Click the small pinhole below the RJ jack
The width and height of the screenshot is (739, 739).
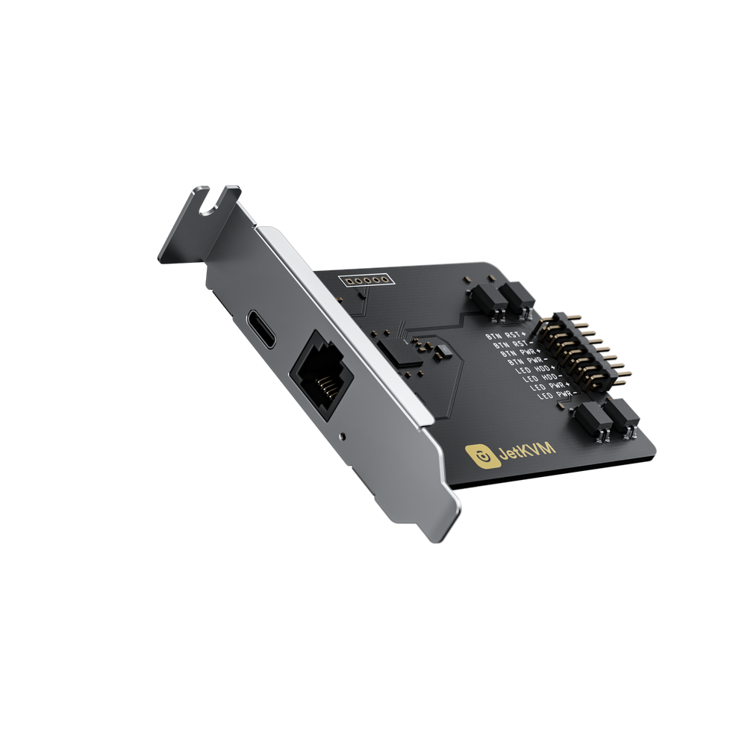pyautogui.click(x=342, y=434)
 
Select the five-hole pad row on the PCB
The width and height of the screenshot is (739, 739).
pyautogui.click(x=365, y=281)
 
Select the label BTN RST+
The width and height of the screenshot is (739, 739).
pyautogui.click(x=505, y=335)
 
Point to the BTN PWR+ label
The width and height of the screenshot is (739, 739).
pyautogui.click(x=517, y=353)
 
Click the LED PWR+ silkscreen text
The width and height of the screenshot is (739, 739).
pyautogui.click(x=546, y=387)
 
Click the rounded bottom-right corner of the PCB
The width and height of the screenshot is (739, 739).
pyautogui.click(x=651, y=451)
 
